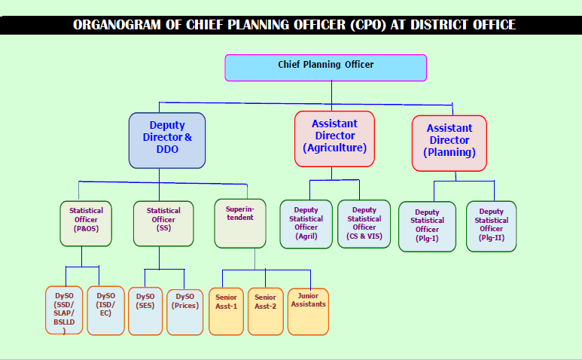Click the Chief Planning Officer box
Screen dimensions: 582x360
coord(325,68)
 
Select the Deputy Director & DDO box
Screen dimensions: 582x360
coord(167,140)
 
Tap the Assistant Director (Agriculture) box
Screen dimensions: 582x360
coord(334,139)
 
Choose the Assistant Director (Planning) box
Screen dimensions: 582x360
coord(449,143)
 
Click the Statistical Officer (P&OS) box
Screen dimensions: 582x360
coord(86,224)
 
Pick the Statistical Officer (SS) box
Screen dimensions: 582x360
coord(163,224)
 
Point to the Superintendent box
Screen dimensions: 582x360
coord(240,224)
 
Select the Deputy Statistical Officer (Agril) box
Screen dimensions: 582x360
coord(306,224)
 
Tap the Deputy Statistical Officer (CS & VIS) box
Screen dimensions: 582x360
coord(364,224)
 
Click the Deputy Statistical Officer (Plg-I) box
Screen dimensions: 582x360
coord(427,227)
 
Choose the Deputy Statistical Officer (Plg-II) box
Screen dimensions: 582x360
coord(491,227)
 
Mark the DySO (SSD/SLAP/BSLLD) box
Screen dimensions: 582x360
coord(64,310)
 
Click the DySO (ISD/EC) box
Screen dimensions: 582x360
coord(106,310)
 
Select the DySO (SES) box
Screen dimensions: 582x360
coord(145,311)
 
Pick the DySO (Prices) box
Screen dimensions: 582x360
coord(185,312)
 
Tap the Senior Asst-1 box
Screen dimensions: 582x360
coord(226,311)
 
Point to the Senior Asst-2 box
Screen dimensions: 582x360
coord(265,311)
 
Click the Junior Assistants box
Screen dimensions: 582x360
coord(308,312)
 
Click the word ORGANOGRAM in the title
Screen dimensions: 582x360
coord(117,25)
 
